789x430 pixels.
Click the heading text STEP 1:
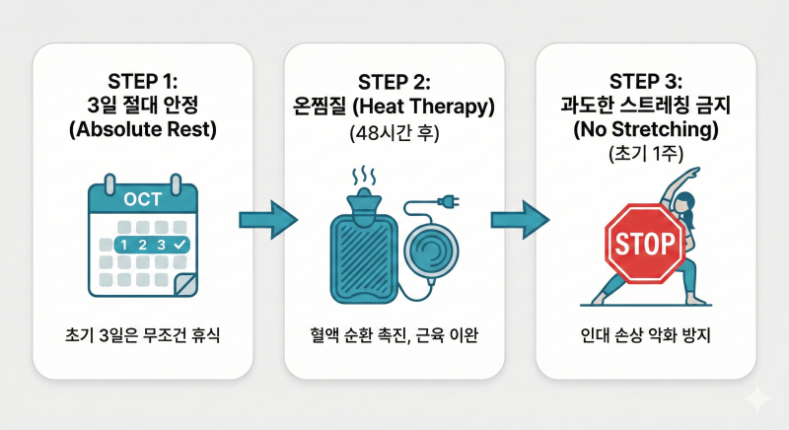[x=142, y=82]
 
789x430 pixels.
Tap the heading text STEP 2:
[x=394, y=83]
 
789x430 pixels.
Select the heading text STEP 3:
[x=646, y=82]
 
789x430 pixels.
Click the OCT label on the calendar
[x=142, y=199]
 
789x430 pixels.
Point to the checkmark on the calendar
[x=179, y=245]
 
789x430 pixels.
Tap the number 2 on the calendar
[x=143, y=245]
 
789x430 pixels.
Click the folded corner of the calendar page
[x=185, y=285]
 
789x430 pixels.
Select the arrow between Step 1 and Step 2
[x=268, y=220]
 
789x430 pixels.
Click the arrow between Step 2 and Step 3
[x=521, y=220]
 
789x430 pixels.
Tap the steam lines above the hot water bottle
[x=363, y=177]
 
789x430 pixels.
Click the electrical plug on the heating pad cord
[x=449, y=202]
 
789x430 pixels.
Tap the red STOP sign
[x=645, y=244]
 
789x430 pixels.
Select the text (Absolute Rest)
[x=143, y=129]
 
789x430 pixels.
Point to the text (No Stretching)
[x=646, y=129]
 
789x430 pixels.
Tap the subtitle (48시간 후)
[x=394, y=134]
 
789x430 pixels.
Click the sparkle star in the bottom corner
[x=757, y=399]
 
